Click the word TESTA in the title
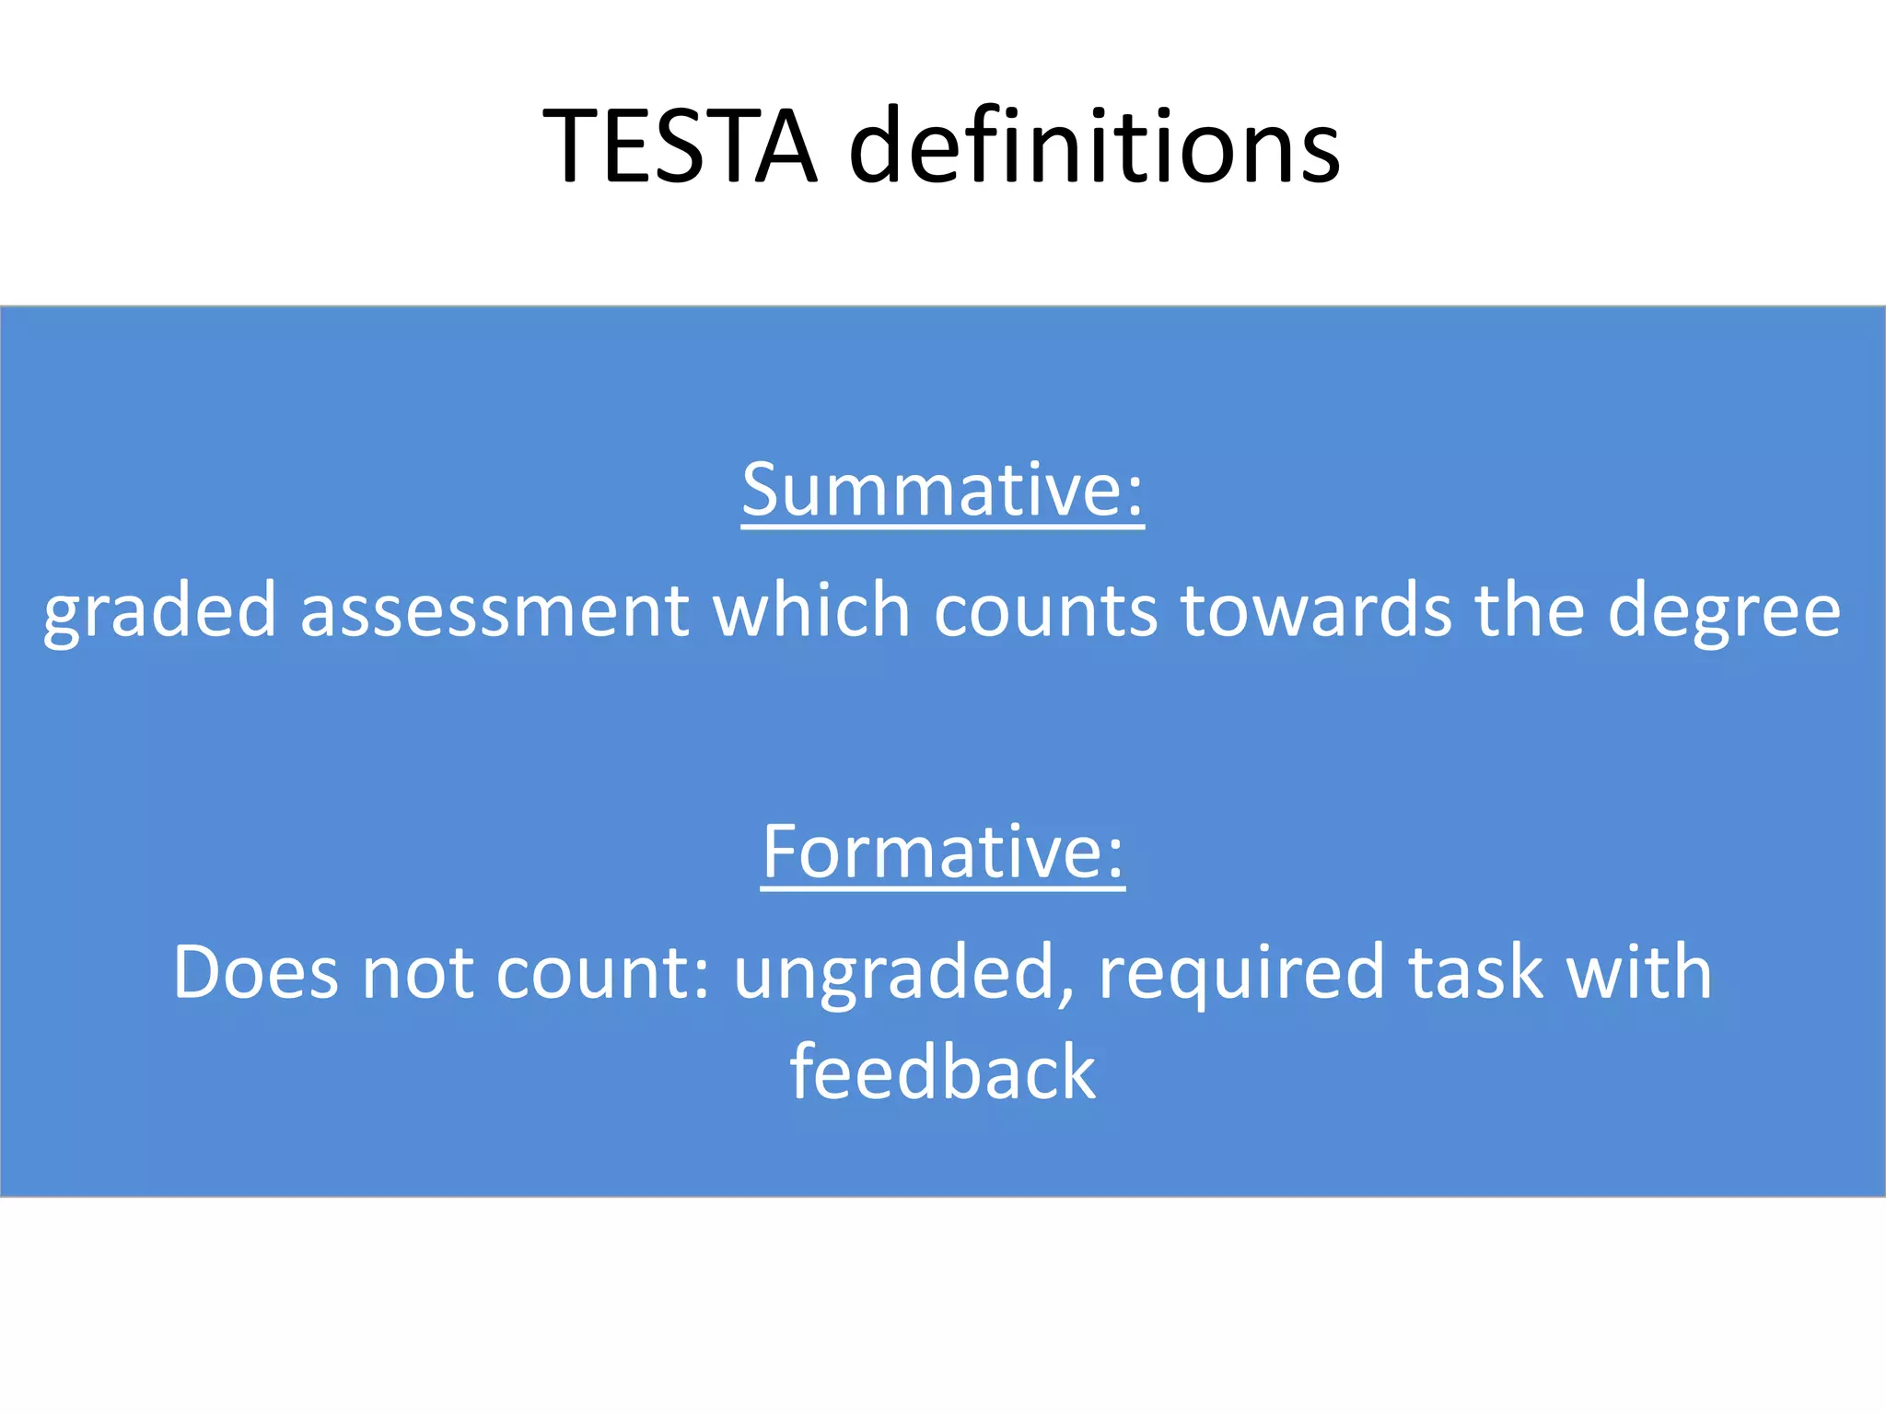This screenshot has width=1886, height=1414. [680, 147]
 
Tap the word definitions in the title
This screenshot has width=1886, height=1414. [1094, 147]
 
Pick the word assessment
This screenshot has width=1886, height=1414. [495, 611]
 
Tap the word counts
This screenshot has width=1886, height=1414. [1045, 611]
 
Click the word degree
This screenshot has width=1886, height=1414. [1724, 611]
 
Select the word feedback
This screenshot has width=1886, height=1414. [943, 1072]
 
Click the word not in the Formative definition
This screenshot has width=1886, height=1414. [417, 974]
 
